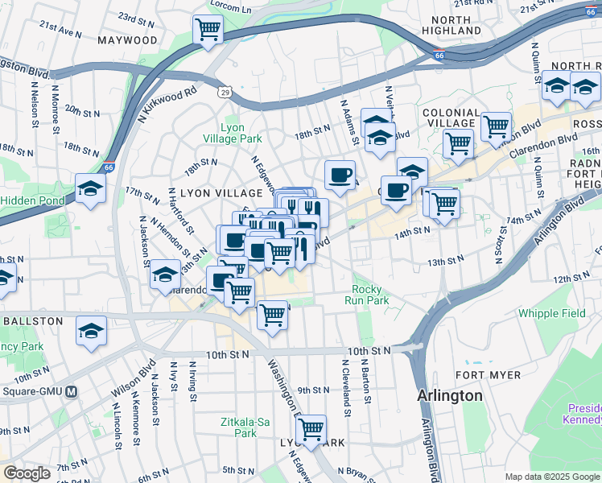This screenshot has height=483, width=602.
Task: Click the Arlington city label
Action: click(x=450, y=396)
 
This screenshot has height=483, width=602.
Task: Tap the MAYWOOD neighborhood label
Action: click(x=128, y=39)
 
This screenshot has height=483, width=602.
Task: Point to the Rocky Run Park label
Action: click(x=370, y=295)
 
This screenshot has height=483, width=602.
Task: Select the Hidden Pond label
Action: click(x=32, y=200)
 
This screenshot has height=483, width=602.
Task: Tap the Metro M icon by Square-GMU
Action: click(x=72, y=392)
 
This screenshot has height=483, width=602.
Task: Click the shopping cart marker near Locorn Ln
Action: click(x=208, y=30)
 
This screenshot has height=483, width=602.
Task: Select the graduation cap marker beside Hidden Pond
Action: click(x=90, y=189)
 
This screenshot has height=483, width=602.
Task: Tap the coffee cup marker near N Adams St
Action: click(x=340, y=174)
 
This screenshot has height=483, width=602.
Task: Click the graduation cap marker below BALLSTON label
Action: click(x=91, y=329)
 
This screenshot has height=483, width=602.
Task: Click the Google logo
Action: click(x=27, y=473)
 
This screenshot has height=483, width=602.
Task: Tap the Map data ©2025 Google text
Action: click(x=552, y=477)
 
